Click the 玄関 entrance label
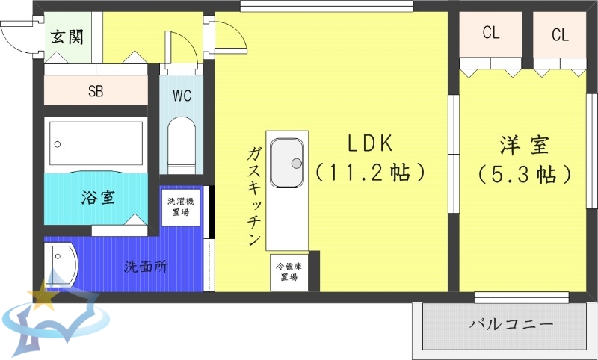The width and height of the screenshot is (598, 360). (x=67, y=37)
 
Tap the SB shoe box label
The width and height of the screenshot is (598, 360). (x=96, y=92)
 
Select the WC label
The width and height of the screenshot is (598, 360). (x=182, y=96)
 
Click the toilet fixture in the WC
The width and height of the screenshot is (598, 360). (x=182, y=144)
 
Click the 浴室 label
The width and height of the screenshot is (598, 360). (x=97, y=198)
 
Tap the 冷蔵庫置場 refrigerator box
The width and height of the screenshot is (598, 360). (x=289, y=272)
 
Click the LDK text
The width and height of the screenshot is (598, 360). (x=369, y=143)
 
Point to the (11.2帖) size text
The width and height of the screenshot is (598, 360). (x=369, y=173)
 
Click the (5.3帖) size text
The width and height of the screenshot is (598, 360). (x=525, y=175)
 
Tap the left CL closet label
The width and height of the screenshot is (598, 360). (x=490, y=33)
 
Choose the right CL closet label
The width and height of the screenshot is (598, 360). (x=560, y=34)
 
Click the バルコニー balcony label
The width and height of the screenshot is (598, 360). (x=512, y=325)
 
